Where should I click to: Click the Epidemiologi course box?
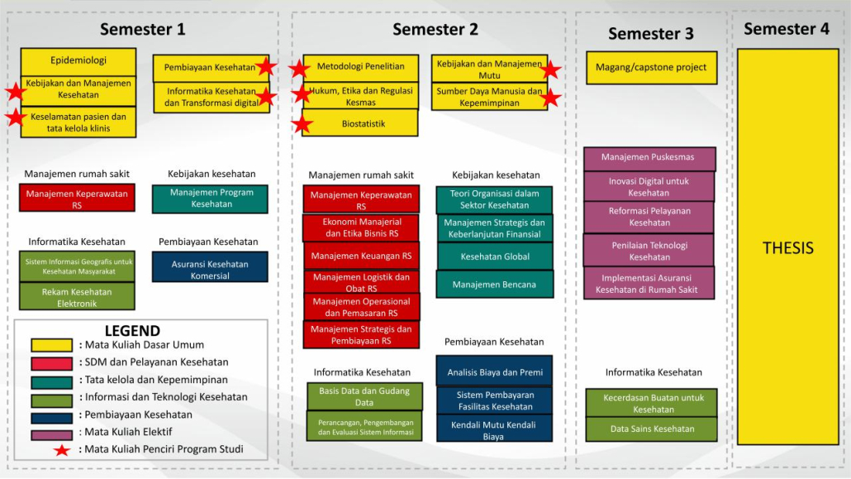[x=78, y=60]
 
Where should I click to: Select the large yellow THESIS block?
[x=787, y=247]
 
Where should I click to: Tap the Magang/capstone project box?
[x=651, y=68]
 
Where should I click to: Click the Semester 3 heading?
[x=651, y=34]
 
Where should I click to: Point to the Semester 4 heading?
[x=786, y=29]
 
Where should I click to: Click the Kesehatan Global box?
[x=495, y=256]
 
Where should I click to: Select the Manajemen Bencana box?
[x=495, y=285]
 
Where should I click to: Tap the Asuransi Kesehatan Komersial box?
[x=210, y=270]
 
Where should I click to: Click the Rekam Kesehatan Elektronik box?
[x=76, y=297]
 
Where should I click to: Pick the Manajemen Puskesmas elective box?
[x=649, y=157]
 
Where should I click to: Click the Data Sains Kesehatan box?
[x=652, y=429]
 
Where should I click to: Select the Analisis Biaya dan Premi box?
[x=493, y=372]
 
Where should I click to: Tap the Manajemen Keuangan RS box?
[x=361, y=256]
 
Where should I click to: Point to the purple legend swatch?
[x=50, y=433]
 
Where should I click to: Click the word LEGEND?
[x=132, y=331]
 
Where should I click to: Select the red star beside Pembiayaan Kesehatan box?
[x=265, y=67]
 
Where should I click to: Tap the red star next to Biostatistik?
[x=302, y=125]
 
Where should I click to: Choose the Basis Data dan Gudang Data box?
[x=364, y=396]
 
